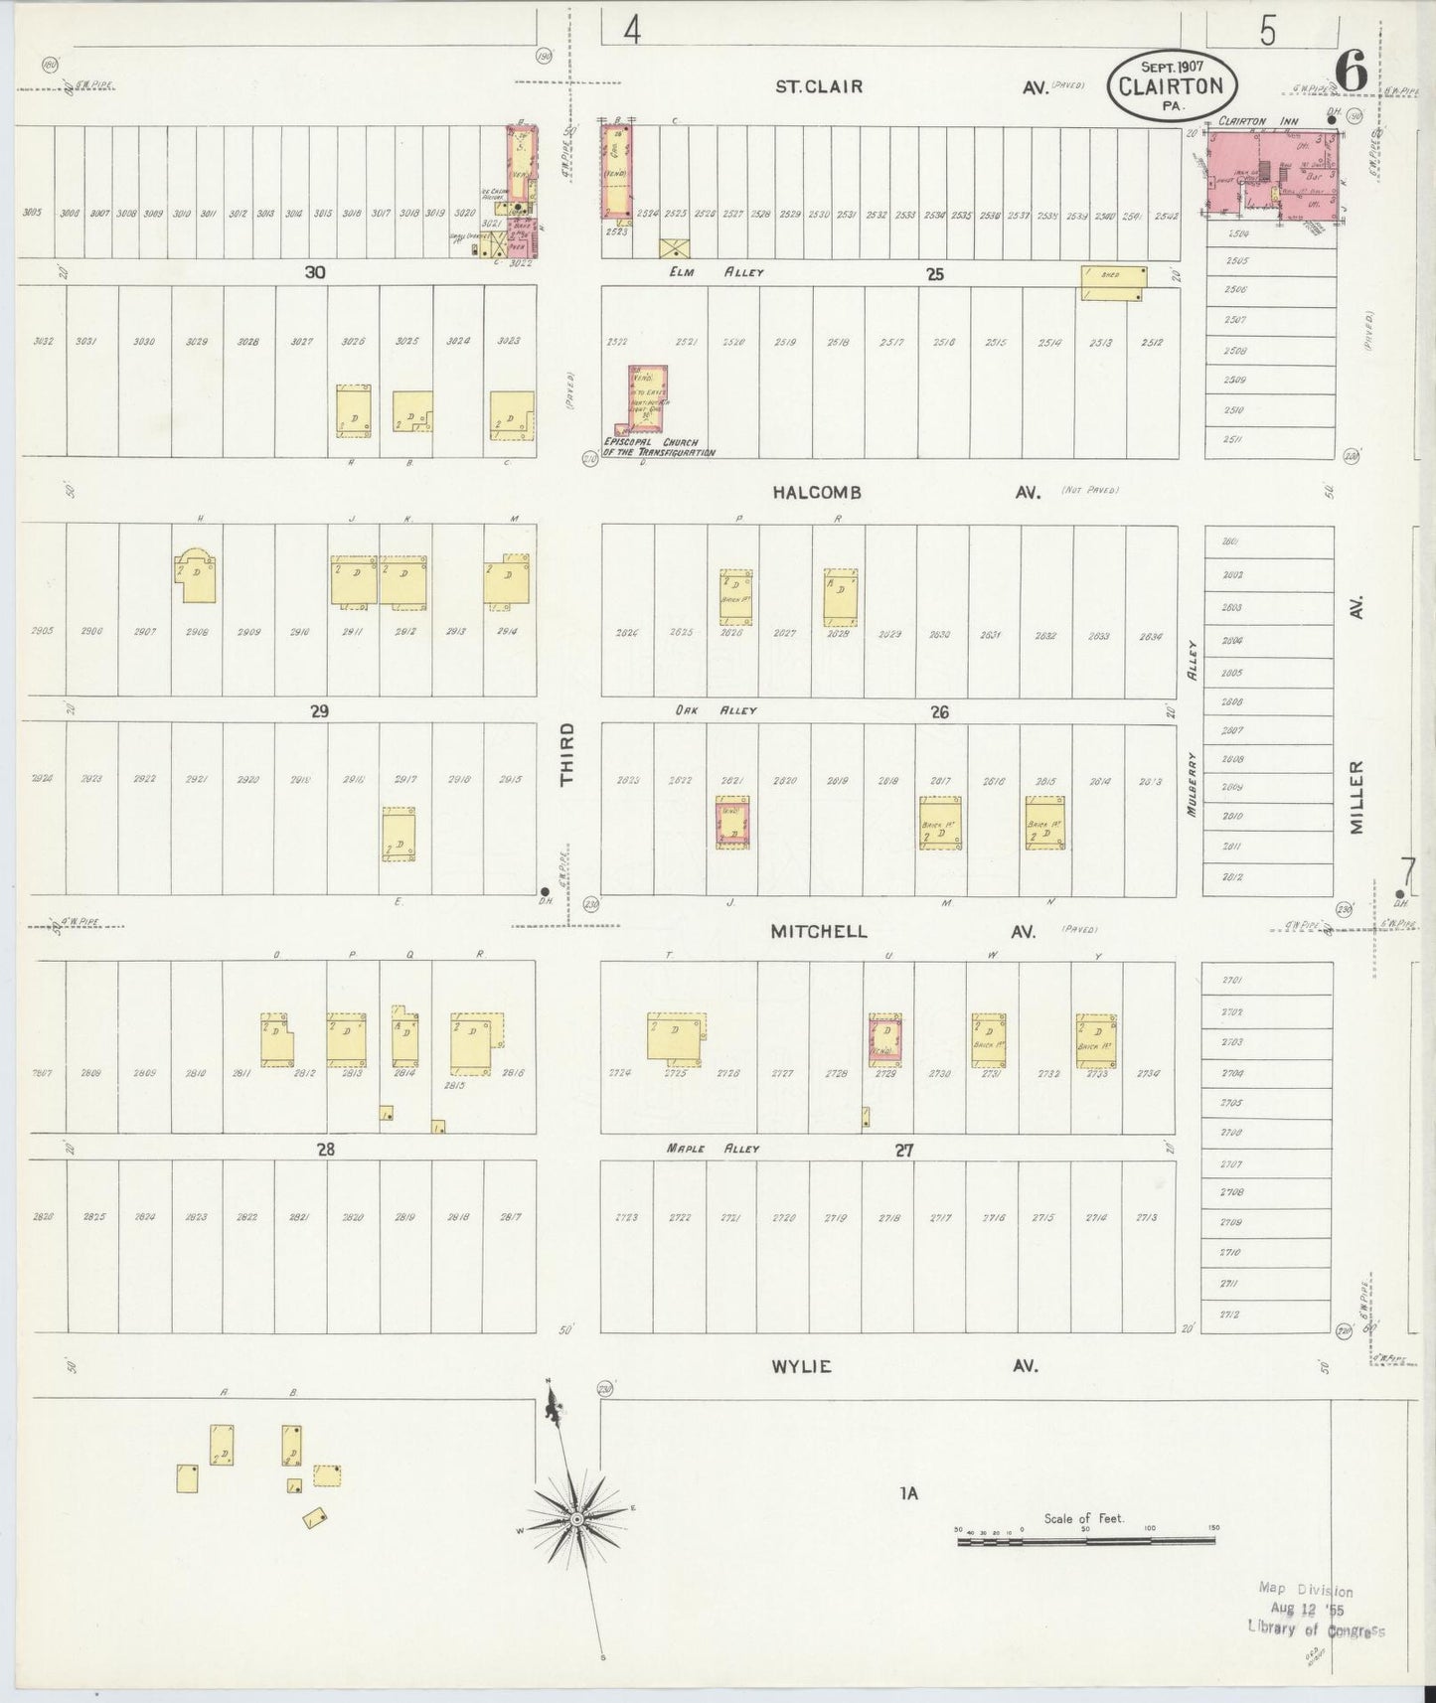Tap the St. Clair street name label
(819, 86)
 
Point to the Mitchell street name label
(819, 932)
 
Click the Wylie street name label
(801, 1366)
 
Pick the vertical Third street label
(567, 755)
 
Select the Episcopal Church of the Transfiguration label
(660, 446)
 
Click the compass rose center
(576, 1520)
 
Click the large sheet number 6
(1350, 70)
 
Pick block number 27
(903, 1150)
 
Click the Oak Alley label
(729, 710)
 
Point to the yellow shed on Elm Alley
(1112, 282)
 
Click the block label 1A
(907, 1492)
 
